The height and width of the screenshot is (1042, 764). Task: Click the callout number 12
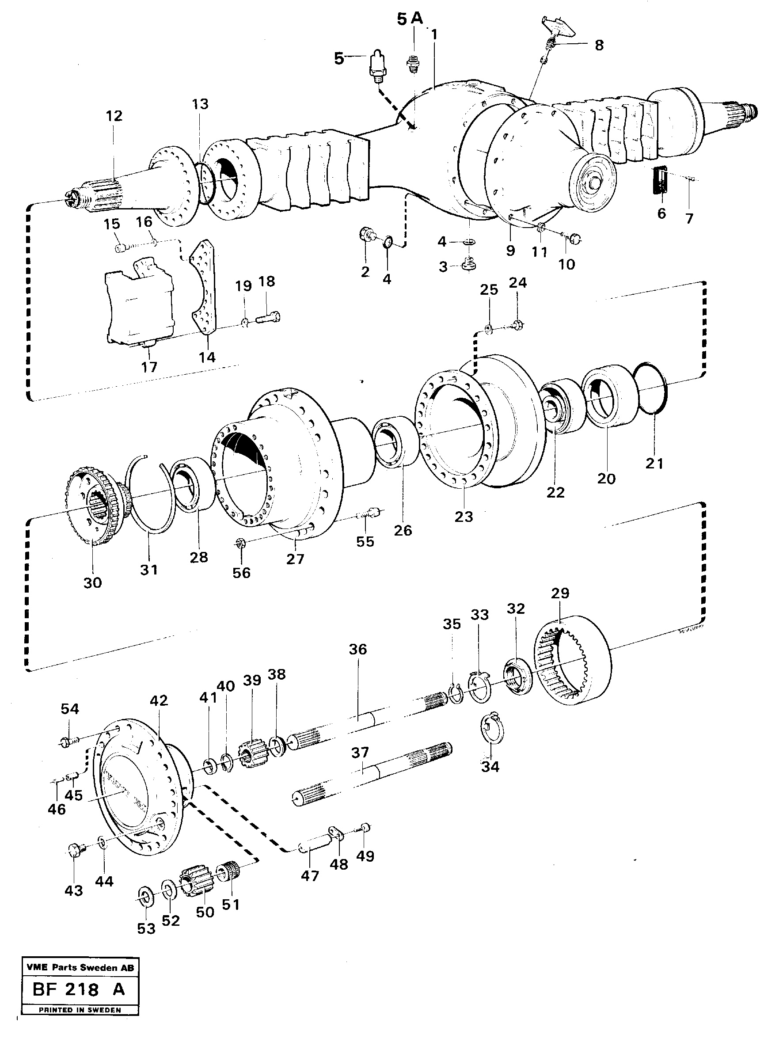click(x=114, y=116)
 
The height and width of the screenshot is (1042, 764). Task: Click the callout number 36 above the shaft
click(x=357, y=649)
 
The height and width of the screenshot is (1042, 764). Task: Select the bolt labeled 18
click(x=267, y=318)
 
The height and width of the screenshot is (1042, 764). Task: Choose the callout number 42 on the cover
click(x=158, y=700)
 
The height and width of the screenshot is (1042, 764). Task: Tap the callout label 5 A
click(x=410, y=19)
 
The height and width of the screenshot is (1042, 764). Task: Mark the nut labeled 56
click(x=239, y=543)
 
